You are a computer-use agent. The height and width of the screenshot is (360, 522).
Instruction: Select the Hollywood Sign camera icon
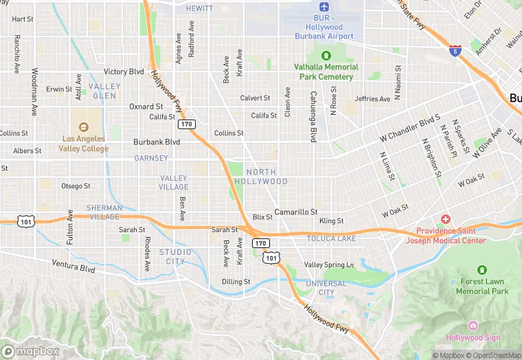pos(473,326)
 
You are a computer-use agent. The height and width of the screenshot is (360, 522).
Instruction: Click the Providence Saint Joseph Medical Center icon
pos(446,219)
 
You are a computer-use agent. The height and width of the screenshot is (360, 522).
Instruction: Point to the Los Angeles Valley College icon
pos(84,127)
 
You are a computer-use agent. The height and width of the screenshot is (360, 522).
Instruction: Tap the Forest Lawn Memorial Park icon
pos(482,270)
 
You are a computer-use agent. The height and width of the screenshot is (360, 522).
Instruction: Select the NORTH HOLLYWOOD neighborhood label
pos(261,177)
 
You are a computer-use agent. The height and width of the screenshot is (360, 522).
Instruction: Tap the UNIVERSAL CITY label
pos(326,288)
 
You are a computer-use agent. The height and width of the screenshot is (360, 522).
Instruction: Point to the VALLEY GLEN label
pos(105,91)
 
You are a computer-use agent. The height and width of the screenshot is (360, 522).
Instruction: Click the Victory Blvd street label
pos(124,71)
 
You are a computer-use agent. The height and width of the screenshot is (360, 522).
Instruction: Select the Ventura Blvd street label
pos(73,266)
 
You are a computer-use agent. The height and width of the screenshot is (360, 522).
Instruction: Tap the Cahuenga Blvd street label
pos(313,116)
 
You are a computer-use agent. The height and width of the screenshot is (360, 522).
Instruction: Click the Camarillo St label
pos(295,212)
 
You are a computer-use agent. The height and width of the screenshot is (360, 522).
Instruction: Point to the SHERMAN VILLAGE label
pos(104,212)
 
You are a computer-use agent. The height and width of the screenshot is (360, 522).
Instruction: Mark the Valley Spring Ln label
pos(329,265)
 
